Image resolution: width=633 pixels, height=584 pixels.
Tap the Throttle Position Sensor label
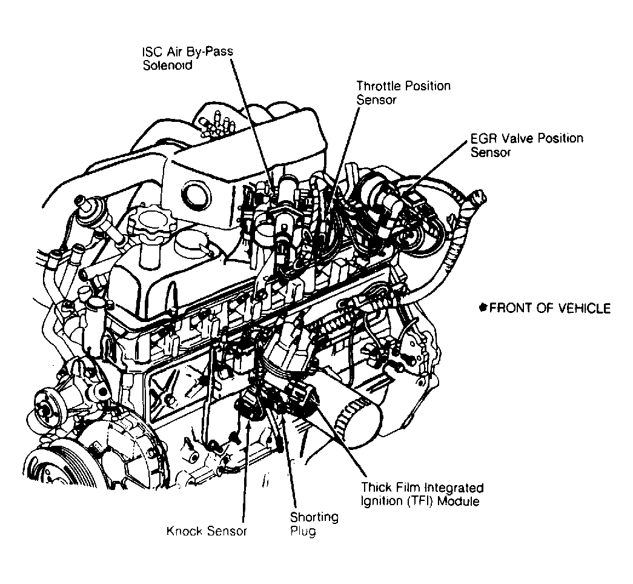click(x=403, y=92)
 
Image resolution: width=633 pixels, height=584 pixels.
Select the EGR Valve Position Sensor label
click(x=526, y=145)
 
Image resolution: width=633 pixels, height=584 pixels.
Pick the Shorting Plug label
click(x=313, y=524)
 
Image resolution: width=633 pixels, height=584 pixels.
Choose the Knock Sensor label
click(x=207, y=532)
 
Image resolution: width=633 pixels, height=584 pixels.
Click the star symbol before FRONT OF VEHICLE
click(x=483, y=307)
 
